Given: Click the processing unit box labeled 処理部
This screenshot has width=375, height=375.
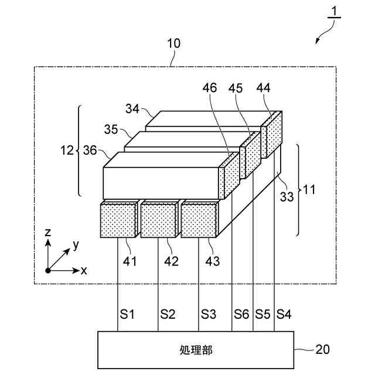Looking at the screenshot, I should pos(196,350).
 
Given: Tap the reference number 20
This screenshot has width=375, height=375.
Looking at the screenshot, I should pos(323,350).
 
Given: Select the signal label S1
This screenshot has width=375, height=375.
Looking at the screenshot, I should pos(127,314).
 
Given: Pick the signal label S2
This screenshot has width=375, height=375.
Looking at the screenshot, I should pos(168,314).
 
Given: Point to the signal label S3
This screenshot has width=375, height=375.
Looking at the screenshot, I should pos(208,314).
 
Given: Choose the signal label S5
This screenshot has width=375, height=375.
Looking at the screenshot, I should pos(263,314).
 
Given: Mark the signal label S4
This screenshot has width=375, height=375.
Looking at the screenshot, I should pos(284,314).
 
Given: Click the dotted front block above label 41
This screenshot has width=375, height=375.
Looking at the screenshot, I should pos(118,220).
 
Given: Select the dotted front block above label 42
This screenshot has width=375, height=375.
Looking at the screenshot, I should pos(158,220).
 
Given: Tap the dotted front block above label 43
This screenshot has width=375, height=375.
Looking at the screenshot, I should pos(199,220).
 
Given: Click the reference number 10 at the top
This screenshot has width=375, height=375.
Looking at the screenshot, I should pos(174,43).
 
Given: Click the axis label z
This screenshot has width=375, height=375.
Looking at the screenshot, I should pos(49,233).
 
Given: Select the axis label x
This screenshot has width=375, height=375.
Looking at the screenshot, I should pos(84,271).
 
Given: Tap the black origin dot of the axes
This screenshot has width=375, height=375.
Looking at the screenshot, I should pos(48,270).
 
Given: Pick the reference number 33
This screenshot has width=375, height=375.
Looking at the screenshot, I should pos(287,197).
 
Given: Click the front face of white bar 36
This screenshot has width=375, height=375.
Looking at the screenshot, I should pos(161,183).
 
